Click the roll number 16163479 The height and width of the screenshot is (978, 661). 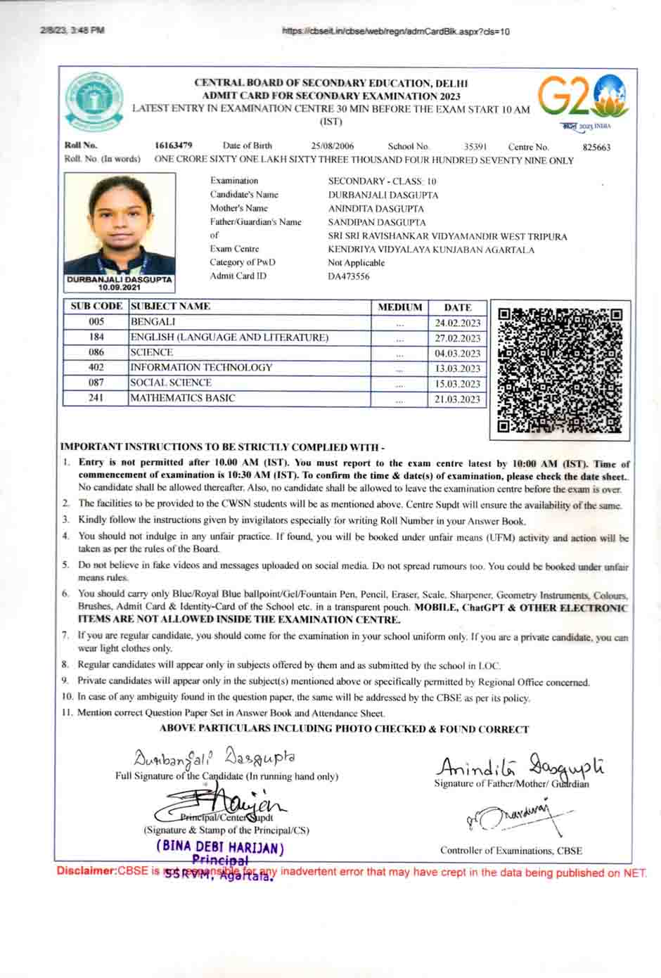tap(174, 146)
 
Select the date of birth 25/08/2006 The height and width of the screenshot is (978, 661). tap(333, 146)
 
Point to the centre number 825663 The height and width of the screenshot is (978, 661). tap(596, 148)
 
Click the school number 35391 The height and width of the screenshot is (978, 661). tap(475, 147)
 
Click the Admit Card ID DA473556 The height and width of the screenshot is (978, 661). tap(348, 276)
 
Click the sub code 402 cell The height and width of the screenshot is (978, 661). tap(96, 368)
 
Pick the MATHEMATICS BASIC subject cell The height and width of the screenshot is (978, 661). tap(183, 398)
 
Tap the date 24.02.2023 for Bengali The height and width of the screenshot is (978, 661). tap(457, 323)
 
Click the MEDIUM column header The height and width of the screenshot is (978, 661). tap(399, 307)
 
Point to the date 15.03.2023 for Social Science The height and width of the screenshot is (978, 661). tap(457, 384)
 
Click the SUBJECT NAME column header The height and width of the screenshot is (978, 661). tap(171, 307)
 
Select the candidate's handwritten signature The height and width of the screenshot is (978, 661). tap(214, 758)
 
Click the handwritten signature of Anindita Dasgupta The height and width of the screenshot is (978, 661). tap(521, 766)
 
